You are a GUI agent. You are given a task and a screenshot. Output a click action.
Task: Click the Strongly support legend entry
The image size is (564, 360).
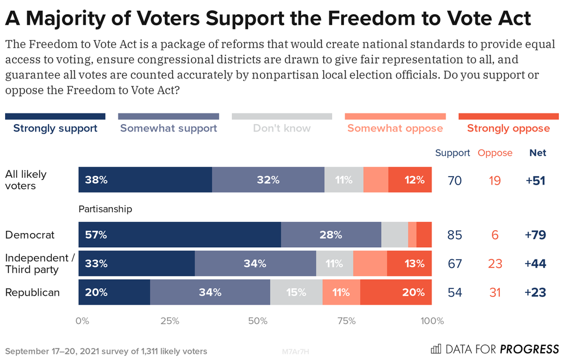click(x=55, y=128)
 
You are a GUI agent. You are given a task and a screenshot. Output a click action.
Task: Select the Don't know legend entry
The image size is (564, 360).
click(x=281, y=128)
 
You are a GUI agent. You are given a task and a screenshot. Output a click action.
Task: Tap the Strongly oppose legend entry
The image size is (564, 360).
click(x=508, y=128)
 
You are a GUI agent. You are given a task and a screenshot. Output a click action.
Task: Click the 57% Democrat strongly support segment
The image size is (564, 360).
click(x=179, y=235)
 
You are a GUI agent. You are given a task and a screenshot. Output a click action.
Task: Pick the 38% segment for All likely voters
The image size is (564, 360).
click(x=145, y=180)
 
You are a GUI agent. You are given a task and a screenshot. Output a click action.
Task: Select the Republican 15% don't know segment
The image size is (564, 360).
click(x=296, y=292)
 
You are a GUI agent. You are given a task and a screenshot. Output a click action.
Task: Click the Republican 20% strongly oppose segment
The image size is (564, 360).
click(x=396, y=292)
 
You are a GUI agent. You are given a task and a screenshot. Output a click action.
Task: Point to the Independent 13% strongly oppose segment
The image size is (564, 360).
click(x=409, y=263)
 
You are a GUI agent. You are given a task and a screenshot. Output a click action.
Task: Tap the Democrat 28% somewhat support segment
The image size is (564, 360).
click(x=331, y=235)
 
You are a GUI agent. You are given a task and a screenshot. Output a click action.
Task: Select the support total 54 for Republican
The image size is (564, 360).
click(x=455, y=292)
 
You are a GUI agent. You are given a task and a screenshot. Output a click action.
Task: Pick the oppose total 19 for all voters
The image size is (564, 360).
click(x=495, y=181)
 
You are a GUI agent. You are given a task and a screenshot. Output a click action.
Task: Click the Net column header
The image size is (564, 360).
click(x=537, y=153)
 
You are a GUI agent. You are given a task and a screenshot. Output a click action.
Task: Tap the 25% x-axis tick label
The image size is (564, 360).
click(x=170, y=321)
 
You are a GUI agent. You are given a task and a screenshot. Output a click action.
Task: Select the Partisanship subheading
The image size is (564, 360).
click(x=105, y=209)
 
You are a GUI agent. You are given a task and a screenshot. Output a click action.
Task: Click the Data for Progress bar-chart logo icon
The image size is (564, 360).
click(x=436, y=348)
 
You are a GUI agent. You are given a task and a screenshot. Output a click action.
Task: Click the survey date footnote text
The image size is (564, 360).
click(x=105, y=351)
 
